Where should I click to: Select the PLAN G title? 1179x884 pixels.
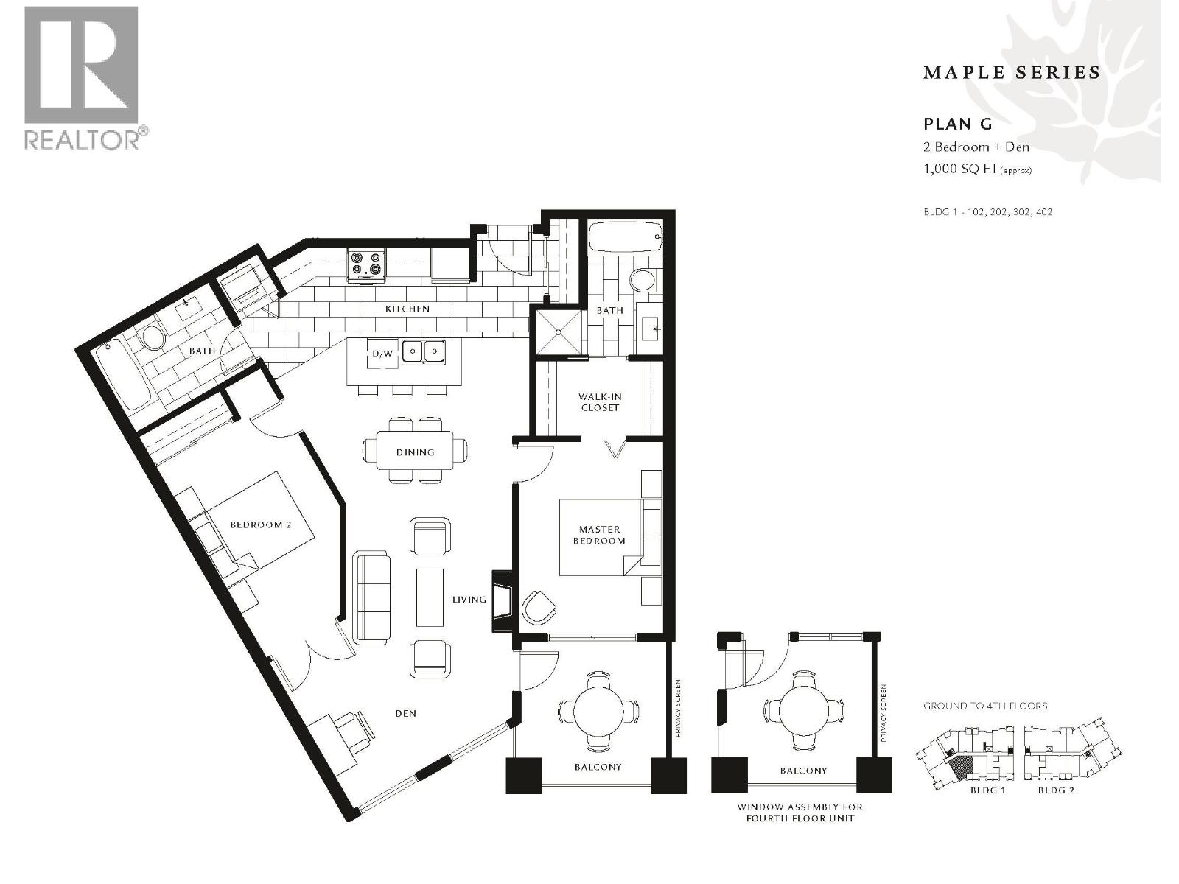coord(958,124)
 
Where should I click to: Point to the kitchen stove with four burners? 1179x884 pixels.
coord(368,266)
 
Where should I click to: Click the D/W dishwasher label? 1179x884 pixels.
coord(382,353)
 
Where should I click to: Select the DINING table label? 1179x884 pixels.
coord(415,452)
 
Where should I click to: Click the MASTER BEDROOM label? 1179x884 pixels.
coord(599,535)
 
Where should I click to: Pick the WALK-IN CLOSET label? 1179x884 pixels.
coord(600,402)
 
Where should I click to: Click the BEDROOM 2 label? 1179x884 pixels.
coord(261,525)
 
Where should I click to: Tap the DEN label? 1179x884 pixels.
coord(405,713)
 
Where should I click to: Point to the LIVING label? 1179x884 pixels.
coord(469,600)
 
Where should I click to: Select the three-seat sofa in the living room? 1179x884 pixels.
coord(371,597)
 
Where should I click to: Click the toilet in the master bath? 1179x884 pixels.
coord(643,279)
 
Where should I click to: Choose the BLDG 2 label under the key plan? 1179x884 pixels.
coord(1055,790)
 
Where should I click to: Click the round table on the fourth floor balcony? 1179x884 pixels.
coord(803,709)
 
